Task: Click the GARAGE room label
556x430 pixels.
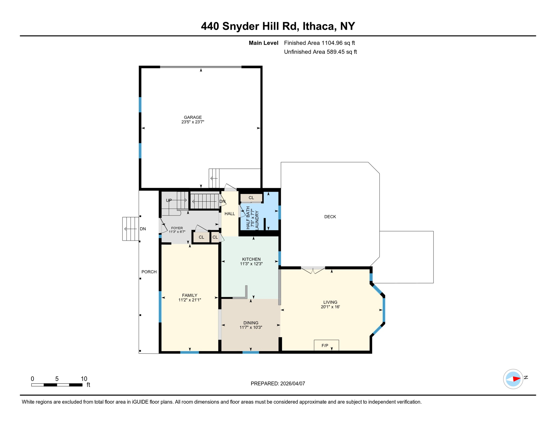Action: click(193, 117)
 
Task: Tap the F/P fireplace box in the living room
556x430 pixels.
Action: click(326, 345)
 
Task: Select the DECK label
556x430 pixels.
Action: click(330, 217)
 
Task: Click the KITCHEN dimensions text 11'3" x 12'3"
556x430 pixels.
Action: click(251, 264)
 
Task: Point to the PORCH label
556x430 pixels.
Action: click(149, 272)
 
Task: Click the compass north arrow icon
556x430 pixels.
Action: click(513, 379)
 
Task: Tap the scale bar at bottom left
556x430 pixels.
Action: click(57, 385)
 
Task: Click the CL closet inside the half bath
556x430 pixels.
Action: click(251, 198)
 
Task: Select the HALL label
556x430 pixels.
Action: click(230, 214)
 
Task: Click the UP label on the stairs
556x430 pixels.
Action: click(169, 200)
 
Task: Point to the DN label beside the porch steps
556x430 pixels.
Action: click(143, 229)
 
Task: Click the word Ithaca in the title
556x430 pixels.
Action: click(319, 26)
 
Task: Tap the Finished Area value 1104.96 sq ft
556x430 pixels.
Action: click(338, 43)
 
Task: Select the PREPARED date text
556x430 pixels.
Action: click(278, 384)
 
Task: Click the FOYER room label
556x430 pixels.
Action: click(177, 228)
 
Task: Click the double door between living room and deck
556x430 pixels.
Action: click(313, 270)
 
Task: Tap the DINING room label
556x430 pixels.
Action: click(251, 323)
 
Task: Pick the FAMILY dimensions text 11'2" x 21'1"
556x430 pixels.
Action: click(190, 300)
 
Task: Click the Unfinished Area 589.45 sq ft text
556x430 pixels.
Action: click(320, 52)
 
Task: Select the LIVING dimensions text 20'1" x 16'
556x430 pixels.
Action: click(330, 307)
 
